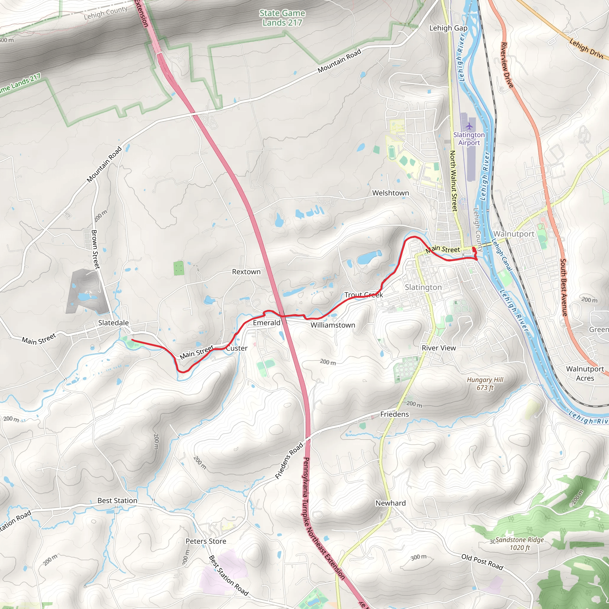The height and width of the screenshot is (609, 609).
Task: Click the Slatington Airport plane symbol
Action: [x=469, y=126]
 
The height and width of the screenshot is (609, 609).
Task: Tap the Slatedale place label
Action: [x=114, y=323]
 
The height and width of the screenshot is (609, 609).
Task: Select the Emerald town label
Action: [x=266, y=323]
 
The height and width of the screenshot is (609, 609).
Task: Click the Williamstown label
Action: [x=332, y=325]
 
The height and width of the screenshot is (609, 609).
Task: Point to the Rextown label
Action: [x=246, y=272]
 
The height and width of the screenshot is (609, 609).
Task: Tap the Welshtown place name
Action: [x=390, y=193]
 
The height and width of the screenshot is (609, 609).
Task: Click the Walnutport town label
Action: [x=514, y=234]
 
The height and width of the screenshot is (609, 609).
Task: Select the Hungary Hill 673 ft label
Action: [x=485, y=384]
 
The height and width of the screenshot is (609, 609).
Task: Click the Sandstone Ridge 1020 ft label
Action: [x=519, y=544]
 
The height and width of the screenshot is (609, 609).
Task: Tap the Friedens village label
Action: [x=394, y=414]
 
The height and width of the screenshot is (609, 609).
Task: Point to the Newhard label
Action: [x=390, y=503]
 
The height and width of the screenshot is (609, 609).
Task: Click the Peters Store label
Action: [x=206, y=541]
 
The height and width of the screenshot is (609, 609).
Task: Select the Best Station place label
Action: [x=117, y=500]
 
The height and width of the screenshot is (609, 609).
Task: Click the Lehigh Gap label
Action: [x=448, y=28]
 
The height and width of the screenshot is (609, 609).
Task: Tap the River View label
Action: [x=439, y=348]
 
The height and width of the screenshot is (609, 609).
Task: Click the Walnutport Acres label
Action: [x=585, y=373]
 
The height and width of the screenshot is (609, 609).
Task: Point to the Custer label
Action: [x=237, y=348]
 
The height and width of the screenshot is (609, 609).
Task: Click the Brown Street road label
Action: [x=95, y=249]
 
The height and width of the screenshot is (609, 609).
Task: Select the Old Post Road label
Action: [x=482, y=562]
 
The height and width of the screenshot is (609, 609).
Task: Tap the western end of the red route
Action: [x=132, y=340]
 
